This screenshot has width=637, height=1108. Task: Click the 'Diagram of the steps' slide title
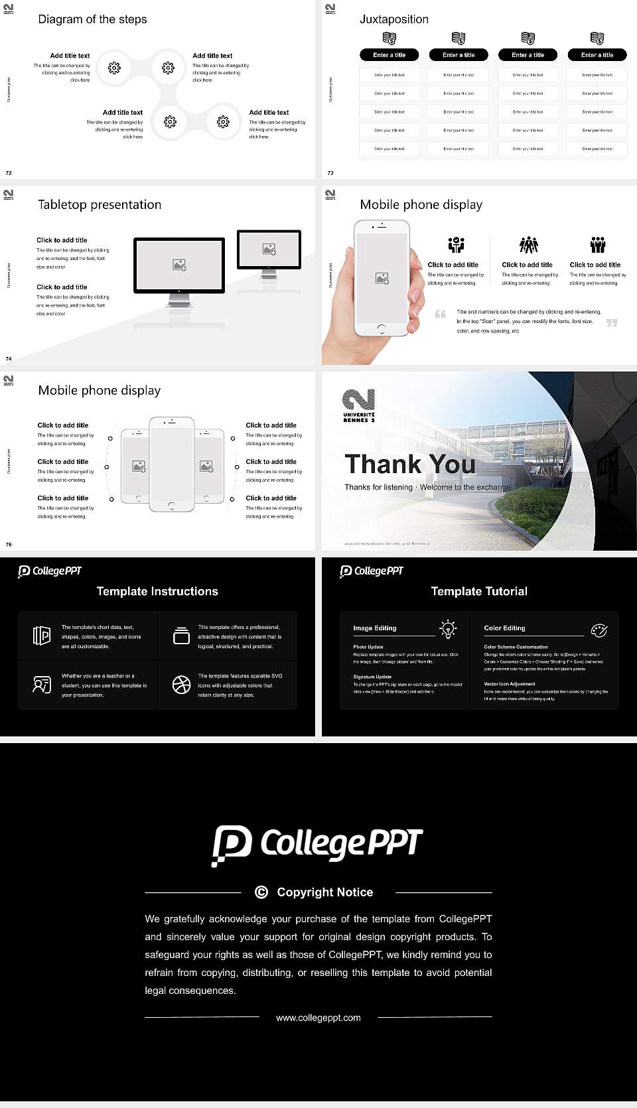(92, 19)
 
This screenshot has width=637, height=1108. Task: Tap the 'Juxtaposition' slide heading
(393, 19)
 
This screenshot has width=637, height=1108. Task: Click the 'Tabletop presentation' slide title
(100, 205)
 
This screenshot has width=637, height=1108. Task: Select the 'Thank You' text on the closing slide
(410, 464)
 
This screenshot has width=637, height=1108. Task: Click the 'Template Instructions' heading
(157, 591)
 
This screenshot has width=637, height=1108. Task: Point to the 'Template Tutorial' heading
(479, 591)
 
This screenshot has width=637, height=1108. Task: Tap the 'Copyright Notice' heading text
(324, 892)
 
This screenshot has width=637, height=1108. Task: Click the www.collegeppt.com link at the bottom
(318, 1018)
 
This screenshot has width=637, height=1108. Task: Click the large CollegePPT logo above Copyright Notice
(317, 845)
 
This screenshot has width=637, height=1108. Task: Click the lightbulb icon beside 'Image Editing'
(449, 629)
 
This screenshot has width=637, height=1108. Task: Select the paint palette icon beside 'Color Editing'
(599, 630)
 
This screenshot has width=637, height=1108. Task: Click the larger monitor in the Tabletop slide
(179, 266)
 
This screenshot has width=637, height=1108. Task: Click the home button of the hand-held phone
(382, 329)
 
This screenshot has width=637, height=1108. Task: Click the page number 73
(330, 173)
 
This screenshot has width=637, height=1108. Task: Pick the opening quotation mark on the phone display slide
(440, 314)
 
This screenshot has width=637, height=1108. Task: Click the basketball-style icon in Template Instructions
(181, 685)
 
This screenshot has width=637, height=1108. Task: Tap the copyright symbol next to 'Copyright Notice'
(261, 892)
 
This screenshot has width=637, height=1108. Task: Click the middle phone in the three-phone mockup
(172, 464)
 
